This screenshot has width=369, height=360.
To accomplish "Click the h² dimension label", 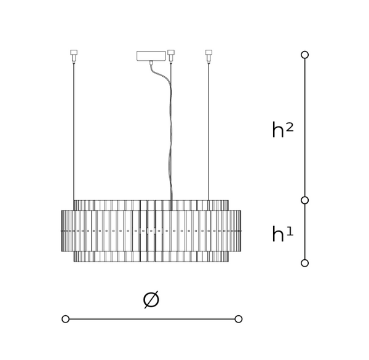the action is (282, 130).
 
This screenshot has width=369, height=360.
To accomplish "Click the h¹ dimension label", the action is (282, 234).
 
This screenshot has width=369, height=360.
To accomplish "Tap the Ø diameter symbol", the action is (151, 299).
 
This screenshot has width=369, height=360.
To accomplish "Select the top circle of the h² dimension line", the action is (305, 55).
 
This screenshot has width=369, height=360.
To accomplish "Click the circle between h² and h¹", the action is (305, 200).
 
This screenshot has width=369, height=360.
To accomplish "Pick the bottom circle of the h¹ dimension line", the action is (305, 263).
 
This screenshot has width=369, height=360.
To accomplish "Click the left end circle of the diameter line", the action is (65, 319).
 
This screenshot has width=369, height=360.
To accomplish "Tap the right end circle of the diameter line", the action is (239, 319).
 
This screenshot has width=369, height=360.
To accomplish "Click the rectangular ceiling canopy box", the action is (151, 56).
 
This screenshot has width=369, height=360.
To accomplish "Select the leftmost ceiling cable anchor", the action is (74, 57).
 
